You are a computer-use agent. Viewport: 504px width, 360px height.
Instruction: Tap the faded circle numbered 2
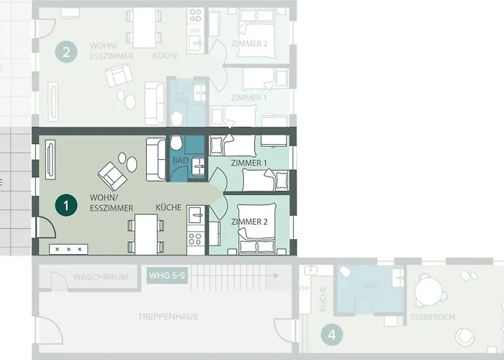pyautogui.click(x=67, y=52)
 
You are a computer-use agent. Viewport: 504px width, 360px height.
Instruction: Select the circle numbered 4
pyautogui.click(x=331, y=334)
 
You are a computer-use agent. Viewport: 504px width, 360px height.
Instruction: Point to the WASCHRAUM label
pyautogui.click(x=101, y=276)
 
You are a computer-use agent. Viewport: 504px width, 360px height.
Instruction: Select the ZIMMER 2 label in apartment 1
pyautogui.click(x=249, y=222)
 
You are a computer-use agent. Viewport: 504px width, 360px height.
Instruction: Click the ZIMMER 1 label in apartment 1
pyautogui.click(x=249, y=163)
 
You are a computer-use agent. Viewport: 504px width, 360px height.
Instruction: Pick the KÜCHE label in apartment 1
pyautogui.click(x=168, y=207)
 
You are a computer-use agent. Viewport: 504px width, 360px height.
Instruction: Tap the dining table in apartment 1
pyautogui.click(x=145, y=234)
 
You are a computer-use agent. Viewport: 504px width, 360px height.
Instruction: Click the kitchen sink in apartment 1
pyautogui.click(x=195, y=214)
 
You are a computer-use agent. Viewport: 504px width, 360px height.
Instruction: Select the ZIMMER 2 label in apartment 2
pyautogui.click(x=249, y=44)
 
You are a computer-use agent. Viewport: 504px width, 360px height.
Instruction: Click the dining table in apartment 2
pyautogui.click(x=146, y=26)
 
